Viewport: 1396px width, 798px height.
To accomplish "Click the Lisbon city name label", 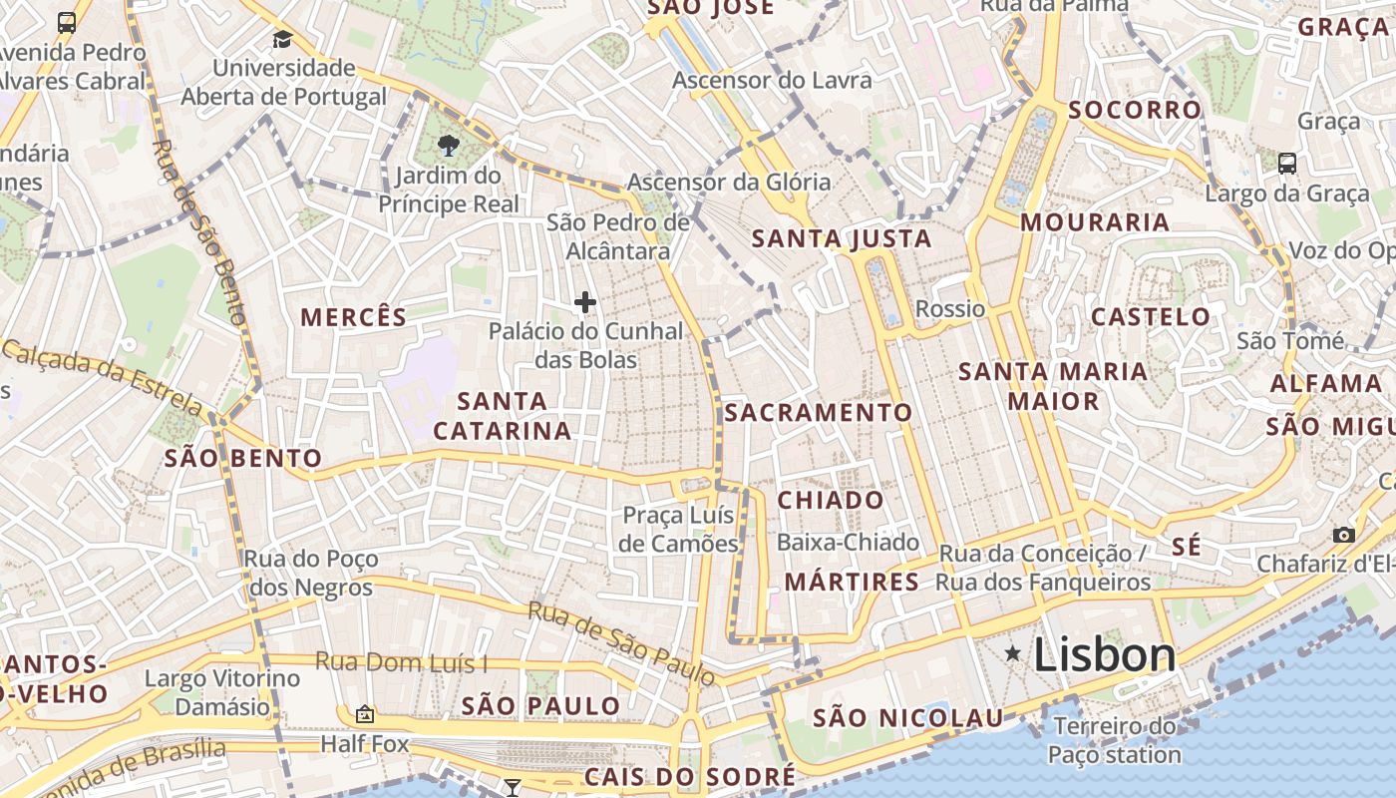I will coord(1105,655).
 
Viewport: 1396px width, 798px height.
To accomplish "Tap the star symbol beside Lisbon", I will coord(1013,653).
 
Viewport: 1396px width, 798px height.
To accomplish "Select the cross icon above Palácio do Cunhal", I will coord(585,301).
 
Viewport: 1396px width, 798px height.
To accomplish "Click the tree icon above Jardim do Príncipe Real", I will coord(449,146).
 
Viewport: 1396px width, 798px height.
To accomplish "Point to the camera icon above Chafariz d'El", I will coord(1343,535).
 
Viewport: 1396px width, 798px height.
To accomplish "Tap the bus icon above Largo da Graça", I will coord(1287,163).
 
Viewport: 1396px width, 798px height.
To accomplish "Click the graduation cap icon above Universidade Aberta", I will coord(283,39).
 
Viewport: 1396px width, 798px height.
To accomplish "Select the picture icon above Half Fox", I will coord(365,714).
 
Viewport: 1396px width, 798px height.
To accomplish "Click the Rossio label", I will coord(950,308).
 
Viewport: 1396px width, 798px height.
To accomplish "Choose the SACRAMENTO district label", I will coord(819,412).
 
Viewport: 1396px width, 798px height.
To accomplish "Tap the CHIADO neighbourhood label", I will coord(831,500).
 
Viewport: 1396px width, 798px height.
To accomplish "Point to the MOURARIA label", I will coord(1095,221).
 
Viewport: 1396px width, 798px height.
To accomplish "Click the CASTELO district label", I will coord(1151,317).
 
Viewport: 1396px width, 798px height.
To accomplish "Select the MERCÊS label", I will coord(354,317).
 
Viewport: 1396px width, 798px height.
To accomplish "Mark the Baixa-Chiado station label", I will coord(848,543).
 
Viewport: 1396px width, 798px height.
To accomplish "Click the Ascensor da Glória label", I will coord(729,182).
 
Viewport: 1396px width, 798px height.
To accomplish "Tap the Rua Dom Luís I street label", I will coord(402,661).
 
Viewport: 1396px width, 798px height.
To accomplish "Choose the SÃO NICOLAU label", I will coord(908,718).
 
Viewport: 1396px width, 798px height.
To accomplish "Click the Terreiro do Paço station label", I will coord(1115,740).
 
